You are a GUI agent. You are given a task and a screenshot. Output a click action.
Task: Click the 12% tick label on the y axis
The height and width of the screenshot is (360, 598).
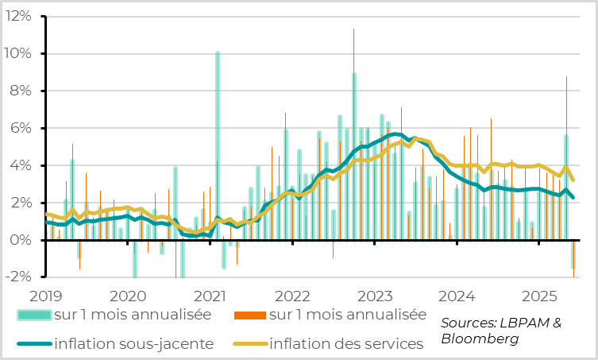(x=17, y=16)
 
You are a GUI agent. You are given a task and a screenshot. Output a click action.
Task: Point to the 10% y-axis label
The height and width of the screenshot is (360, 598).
(x=17, y=53)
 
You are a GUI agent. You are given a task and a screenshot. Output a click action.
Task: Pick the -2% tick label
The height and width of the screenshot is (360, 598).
(x=18, y=277)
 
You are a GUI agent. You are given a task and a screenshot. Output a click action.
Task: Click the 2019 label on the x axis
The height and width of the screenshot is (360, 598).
(x=45, y=296)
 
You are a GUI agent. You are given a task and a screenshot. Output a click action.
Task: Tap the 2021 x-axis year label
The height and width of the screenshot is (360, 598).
(x=210, y=296)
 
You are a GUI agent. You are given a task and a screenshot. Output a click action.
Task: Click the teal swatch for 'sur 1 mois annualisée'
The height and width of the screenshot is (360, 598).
(x=34, y=315)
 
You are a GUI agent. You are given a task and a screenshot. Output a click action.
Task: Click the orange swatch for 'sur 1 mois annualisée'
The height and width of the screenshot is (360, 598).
(x=251, y=315)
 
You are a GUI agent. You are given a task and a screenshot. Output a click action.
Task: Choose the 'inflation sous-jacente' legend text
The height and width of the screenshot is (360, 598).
(x=133, y=344)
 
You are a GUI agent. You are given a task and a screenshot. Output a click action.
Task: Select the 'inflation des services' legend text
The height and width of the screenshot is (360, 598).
(x=346, y=344)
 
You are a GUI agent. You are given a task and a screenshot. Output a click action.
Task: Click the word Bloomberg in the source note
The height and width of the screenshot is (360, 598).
(x=480, y=339)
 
